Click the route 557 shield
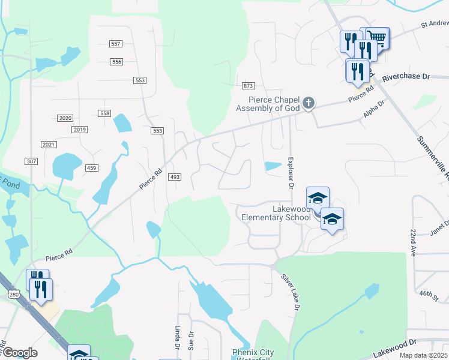(116, 44)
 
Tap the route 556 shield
(116, 62)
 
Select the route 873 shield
(249, 86)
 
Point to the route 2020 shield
(65, 118)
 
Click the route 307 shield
(32, 161)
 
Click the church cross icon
(309, 103)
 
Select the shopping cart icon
(377, 37)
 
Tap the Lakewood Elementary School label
(277, 212)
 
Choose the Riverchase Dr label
(406, 77)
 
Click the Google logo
(19, 353)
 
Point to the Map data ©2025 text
(423, 355)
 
